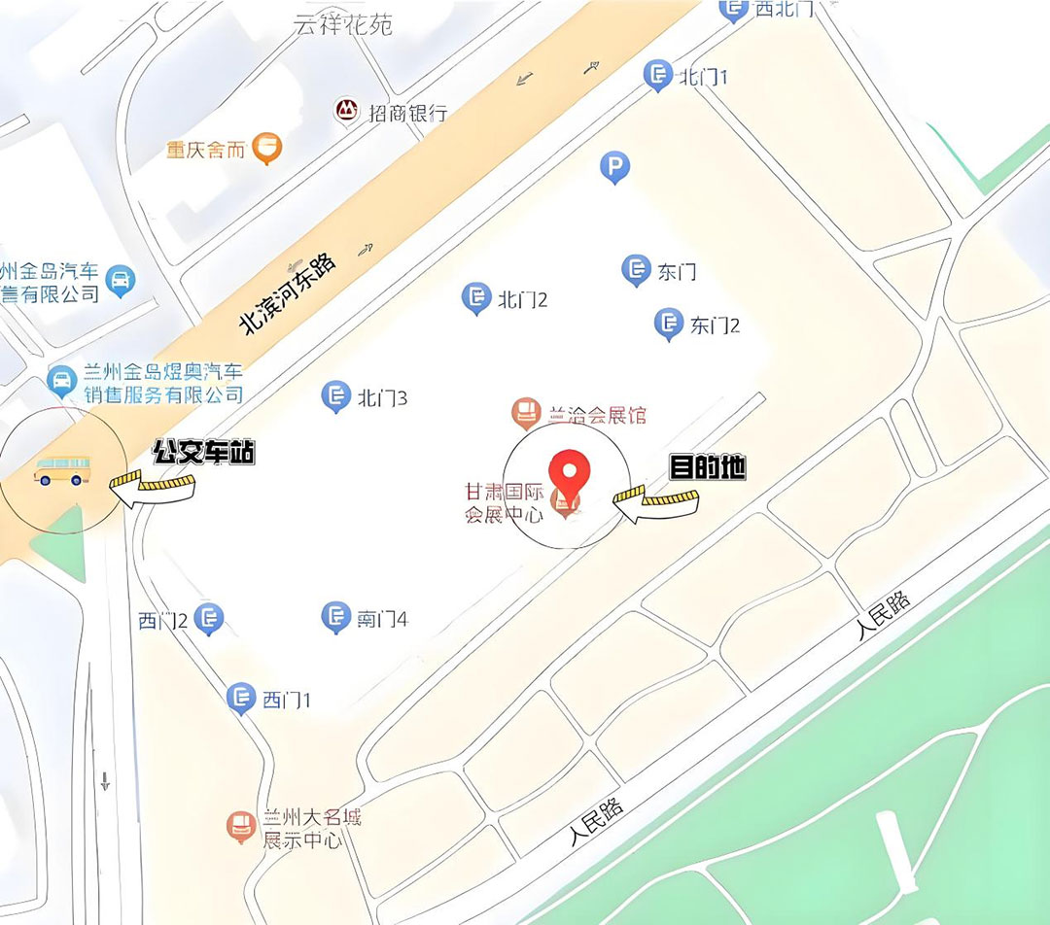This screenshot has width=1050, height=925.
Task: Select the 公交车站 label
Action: (203, 452)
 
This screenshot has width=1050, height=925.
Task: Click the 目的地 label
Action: (708, 467)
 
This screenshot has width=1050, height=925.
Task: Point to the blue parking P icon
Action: (613, 168)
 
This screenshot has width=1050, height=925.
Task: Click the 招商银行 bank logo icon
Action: (346, 111)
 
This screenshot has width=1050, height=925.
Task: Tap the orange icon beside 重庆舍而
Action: (266, 148)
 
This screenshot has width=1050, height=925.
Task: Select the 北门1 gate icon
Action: (658, 74)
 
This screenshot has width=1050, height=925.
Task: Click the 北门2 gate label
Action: (522, 299)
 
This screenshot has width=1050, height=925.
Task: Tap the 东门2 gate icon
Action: (668, 324)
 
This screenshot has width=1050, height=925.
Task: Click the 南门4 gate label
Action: (382, 618)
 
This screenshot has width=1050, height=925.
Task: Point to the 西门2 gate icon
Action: (209, 617)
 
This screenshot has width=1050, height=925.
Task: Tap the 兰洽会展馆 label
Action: (597, 415)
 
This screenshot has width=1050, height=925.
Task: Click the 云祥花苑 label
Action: (343, 24)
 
